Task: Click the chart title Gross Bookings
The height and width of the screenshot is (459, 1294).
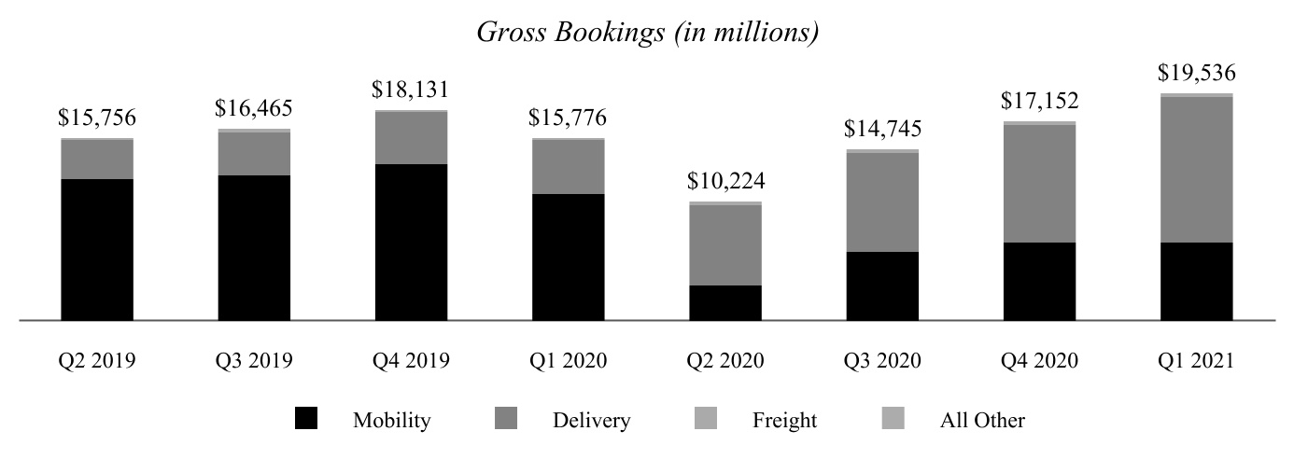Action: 647,32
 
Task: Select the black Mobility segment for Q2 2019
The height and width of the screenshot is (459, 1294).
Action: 97,249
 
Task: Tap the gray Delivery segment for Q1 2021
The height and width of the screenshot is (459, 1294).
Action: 1196,169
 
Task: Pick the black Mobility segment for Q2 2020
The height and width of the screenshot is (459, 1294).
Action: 725,302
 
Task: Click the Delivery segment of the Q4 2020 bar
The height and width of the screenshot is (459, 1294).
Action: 1039,183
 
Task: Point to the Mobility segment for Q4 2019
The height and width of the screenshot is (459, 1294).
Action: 411,242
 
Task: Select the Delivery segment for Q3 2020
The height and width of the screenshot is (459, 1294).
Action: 882,202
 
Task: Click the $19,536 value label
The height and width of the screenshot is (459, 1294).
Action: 1196,74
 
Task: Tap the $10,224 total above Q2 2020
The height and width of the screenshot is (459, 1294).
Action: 725,181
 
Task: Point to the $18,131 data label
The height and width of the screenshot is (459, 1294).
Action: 411,90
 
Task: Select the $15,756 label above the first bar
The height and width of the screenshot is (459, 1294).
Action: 97,118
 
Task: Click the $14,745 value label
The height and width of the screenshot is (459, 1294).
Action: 882,129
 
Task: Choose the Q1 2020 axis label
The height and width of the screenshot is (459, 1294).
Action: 568,361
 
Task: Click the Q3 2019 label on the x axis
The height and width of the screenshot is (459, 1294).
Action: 254,361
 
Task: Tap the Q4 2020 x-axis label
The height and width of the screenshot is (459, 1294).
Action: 1039,361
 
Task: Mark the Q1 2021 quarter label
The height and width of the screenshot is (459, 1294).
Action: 1196,361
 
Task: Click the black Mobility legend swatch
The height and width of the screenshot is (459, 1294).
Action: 305,419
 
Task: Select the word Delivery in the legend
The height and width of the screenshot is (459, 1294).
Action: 591,421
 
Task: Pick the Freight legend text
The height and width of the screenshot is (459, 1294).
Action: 784,421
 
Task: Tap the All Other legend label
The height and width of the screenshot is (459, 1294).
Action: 981,421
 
